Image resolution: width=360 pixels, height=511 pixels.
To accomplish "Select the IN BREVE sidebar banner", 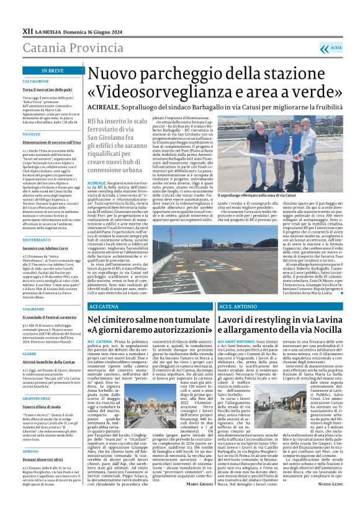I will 52,71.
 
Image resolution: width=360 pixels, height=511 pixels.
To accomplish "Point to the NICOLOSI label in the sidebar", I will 31,134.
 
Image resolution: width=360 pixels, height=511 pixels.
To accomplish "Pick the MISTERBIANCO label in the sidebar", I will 36,222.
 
